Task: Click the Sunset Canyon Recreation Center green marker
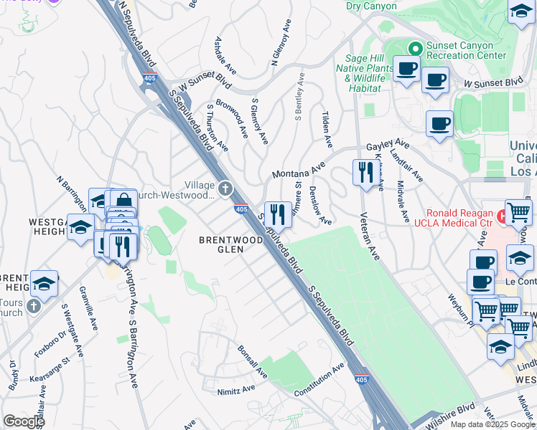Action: pos(414,48)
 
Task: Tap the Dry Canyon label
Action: pos(371,6)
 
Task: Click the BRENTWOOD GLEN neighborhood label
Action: pos(230,241)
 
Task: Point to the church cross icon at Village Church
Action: pos(225,189)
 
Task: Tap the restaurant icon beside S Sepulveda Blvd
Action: pos(277,214)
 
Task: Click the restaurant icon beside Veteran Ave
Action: pos(365,172)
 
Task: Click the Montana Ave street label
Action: pos(299,172)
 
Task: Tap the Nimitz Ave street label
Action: pos(236,391)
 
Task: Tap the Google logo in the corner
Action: pos(24,421)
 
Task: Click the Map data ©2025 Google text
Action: pos(492,424)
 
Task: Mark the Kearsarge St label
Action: pos(55,364)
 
